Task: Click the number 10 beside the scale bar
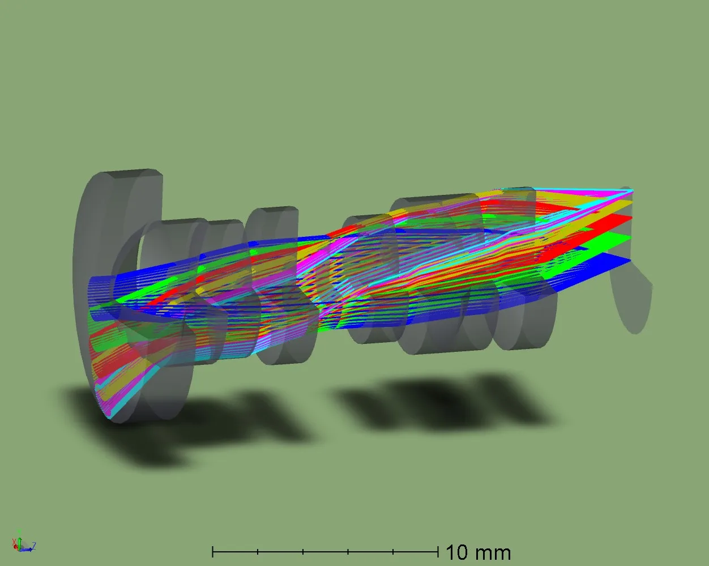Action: pos(456,552)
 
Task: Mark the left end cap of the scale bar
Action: pos(213,551)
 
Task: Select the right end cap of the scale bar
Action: pos(438,551)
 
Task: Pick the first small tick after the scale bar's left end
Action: pos(258,551)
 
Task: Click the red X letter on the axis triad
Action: pos(14,542)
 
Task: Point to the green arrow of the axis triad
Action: pos(20,539)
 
